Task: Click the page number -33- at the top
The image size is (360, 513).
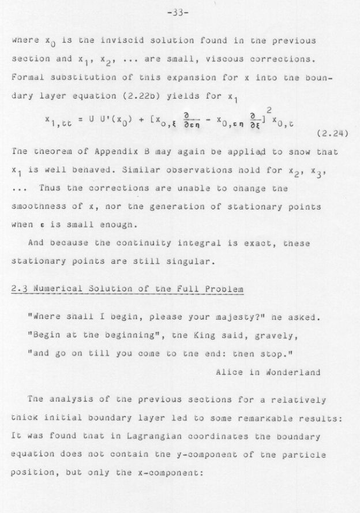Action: (179, 15)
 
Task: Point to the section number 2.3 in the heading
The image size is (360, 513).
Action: (20, 288)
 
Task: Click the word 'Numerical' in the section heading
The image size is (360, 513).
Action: (51, 288)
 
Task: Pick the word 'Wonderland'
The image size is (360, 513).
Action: (292, 372)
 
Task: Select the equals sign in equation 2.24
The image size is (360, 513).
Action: (81, 119)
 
